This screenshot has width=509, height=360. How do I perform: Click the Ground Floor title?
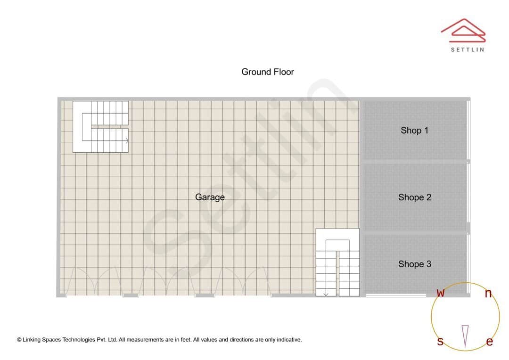click(268, 72)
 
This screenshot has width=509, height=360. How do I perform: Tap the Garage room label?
click(210, 197)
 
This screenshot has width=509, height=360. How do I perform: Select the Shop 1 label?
click(414, 131)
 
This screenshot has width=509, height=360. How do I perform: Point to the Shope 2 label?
click(415, 197)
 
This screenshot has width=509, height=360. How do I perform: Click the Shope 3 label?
click(415, 264)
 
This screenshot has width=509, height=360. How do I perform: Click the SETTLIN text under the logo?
click(467, 49)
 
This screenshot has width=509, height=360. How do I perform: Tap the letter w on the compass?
click(441, 293)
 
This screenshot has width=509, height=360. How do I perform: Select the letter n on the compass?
click(488, 294)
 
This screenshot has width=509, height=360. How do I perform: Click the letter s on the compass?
click(440, 341)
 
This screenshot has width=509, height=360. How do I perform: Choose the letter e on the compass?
click(489, 342)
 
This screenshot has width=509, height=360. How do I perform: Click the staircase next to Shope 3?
click(337, 262)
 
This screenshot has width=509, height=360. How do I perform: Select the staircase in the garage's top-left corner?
click(100, 126)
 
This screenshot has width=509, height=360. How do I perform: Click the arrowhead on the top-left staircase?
click(127, 140)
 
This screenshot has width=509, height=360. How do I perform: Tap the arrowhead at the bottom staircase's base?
click(326, 295)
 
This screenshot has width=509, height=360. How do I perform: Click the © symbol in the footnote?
click(19, 340)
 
